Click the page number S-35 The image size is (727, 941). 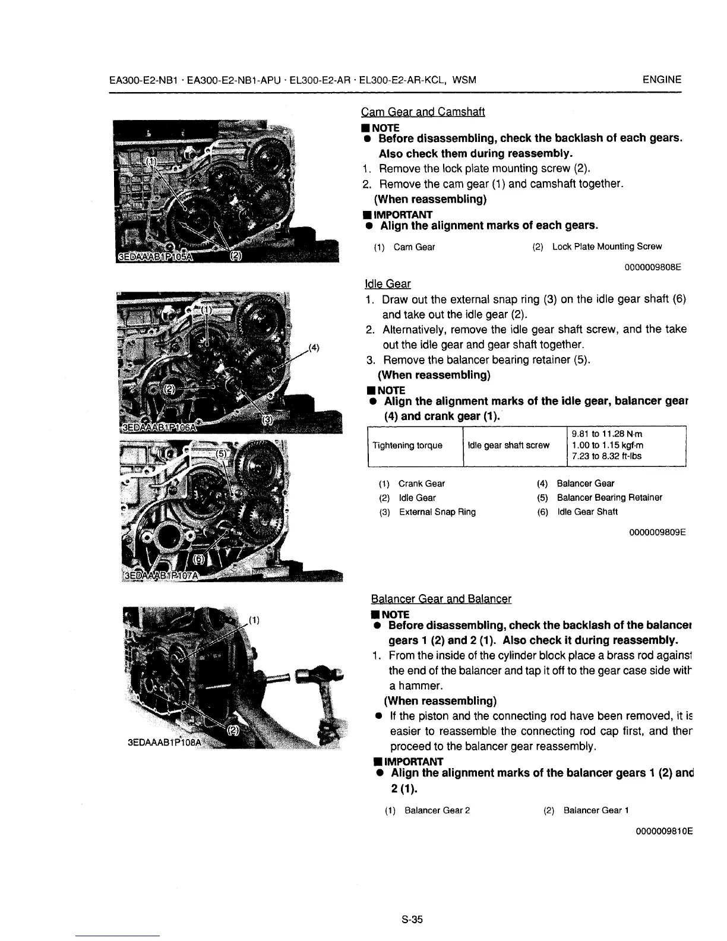click(411, 920)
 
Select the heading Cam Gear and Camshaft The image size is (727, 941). click(423, 112)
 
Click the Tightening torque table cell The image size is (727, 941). click(407, 446)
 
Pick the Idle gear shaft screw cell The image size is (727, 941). click(508, 446)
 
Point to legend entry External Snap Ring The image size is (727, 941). click(437, 512)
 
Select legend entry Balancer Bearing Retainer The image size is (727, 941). click(609, 498)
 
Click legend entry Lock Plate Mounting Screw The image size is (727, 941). click(606, 247)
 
